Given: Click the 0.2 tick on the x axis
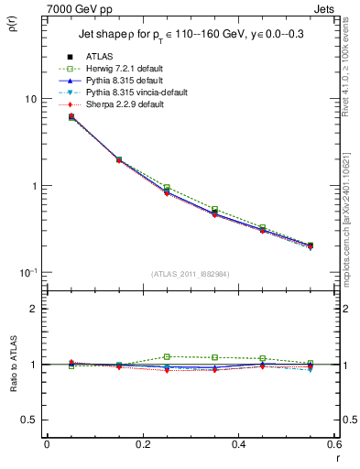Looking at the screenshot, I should pos(143,446).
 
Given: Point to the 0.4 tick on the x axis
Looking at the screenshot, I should pos(239,446).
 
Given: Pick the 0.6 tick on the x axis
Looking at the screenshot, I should pos(335,446).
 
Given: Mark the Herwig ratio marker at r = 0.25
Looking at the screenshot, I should pos(167,356).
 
